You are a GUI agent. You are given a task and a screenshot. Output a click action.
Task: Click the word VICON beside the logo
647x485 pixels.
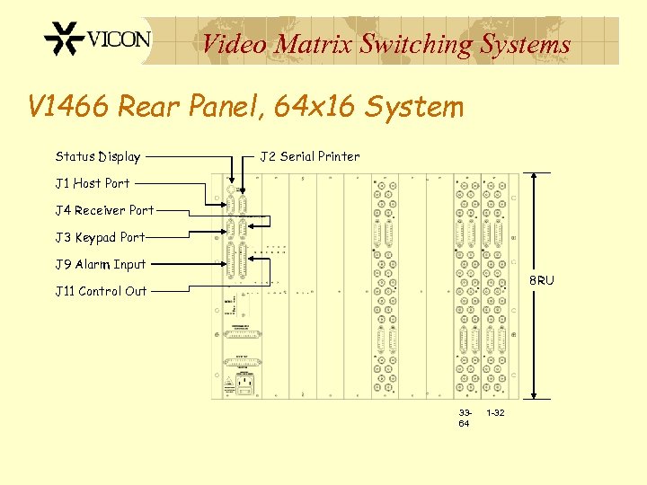pyautogui.click(x=119, y=40)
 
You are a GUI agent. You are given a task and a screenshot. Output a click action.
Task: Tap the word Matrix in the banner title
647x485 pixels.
pyautogui.click(x=314, y=44)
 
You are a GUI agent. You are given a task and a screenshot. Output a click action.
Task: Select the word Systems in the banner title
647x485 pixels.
pyautogui.click(x=526, y=44)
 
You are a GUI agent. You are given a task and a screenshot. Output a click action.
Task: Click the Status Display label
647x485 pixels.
pyautogui.click(x=98, y=156)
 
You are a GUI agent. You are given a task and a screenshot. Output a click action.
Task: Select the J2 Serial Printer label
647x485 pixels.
pyautogui.click(x=310, y=156)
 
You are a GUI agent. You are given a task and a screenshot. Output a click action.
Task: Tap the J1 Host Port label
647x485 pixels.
pyautogui.click(x=93, y=183)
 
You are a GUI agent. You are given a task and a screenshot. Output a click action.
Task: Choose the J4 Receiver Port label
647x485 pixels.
pyautogui.click(x=104, y=210)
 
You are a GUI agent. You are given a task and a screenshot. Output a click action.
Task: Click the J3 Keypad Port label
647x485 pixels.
pyautogui.click(x=100, y=237)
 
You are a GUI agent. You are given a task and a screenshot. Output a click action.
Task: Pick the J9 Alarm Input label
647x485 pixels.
pyautogui.click(x=100, y=264)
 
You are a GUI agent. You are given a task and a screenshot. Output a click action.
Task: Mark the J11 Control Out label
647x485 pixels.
pyautogui.click(x=101, y=291)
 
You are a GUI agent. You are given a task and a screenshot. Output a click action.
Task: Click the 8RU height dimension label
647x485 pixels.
pyautogui.click(x=541, y=281)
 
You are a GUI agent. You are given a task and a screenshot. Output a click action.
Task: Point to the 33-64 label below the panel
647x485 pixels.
pyautogui.click(x=464, y=418)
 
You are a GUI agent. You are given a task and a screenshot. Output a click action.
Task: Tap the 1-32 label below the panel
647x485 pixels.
pyautogui.click(x=495, y=412)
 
